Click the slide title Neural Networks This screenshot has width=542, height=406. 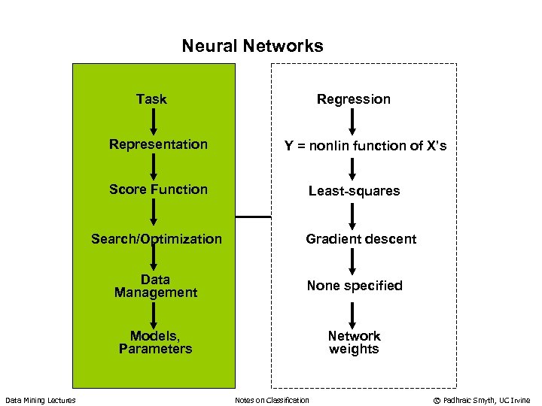point(252,46)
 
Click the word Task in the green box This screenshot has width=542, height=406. point(151,98)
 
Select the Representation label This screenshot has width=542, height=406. point(158,144)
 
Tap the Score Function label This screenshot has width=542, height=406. point(158,189)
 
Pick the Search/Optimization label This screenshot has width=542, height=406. point(157,239)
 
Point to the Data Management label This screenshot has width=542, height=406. point(156,286)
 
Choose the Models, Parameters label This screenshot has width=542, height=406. point(155,342)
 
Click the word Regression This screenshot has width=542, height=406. point(353,99)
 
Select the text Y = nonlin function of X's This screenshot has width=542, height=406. point(365,146)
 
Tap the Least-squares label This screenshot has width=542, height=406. point(354,191)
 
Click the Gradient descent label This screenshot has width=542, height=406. point(361,239)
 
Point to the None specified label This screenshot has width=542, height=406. point(354,286)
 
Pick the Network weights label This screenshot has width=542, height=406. point(354,342)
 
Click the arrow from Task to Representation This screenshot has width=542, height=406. point(153,120)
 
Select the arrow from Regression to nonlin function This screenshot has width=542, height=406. point(353,122)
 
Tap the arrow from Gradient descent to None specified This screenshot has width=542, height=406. point(353,262)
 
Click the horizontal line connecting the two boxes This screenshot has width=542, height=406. point(253,217)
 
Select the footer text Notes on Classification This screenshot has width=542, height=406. point(272,400)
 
